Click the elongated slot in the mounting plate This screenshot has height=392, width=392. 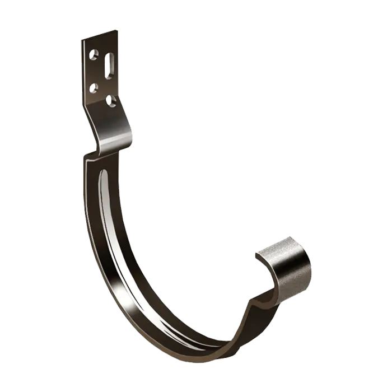coord(108,63)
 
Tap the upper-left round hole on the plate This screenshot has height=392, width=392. coord(94,55)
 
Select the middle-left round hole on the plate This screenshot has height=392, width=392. coord(94,87)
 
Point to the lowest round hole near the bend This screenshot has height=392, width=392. coord(111,101)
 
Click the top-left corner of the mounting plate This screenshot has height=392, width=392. coord(82,39)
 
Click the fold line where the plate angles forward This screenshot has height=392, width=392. coord(104,110)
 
